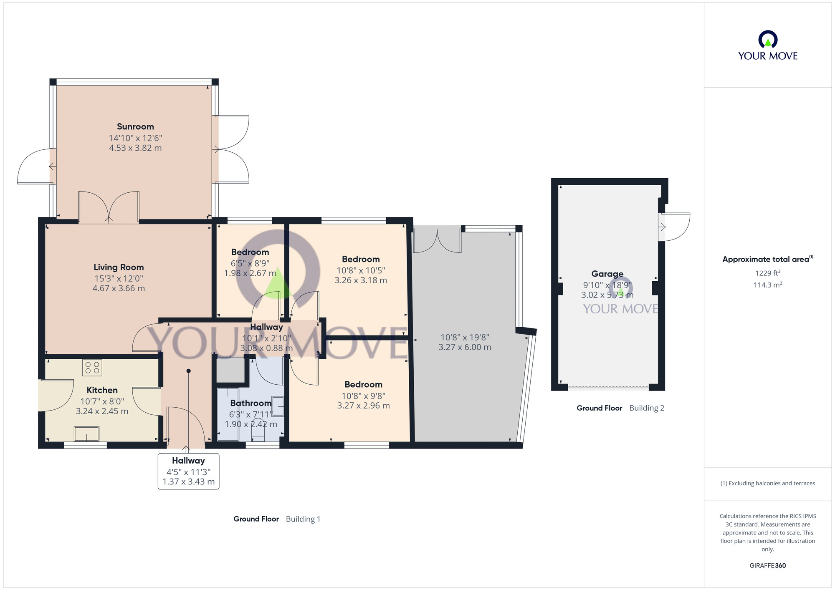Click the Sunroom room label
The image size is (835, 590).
(135, 126)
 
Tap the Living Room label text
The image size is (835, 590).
(119, 267)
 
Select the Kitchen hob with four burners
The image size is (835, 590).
(92, 368)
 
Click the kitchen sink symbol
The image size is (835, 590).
(86, 434)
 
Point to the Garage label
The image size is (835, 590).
(607, 274)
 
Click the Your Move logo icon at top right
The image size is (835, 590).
(767, 40)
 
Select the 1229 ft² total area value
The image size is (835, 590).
(767, 273)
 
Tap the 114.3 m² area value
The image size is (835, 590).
(767, 285)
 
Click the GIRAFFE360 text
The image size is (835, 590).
(767, 565)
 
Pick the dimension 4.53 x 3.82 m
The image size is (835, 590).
(135, 148)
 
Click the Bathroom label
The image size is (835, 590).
(250, 403)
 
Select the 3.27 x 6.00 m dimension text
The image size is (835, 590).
(465, 347)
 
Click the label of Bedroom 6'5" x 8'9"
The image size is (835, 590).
(250, 252)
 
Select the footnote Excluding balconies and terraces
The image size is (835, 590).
(767, 483)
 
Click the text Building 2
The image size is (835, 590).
(646, 408)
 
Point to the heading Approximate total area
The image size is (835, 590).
(766, 259)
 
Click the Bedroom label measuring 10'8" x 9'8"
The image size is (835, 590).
(363, 384)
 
